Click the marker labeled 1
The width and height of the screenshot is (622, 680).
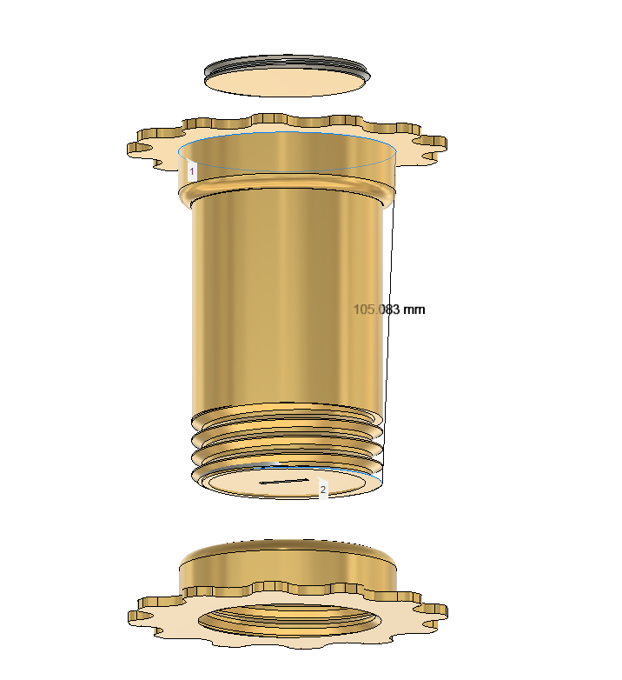pyautogui.click(x=192, y=171)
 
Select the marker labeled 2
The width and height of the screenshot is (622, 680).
pyautogui.click(x=322, y=490)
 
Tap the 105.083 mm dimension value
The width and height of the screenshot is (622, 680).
pyautogui.click(x=389, y=310)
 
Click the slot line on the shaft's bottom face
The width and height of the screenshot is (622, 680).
pyautogui.click(x=284, y=481)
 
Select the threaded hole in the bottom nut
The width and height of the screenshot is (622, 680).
pyautogui.click(x=289, y=619)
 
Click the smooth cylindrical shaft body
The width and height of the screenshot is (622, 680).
pyautogui.click(x=288, y=303)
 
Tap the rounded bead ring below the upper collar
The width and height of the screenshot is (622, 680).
pyautogui.click(x=287, y=190)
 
